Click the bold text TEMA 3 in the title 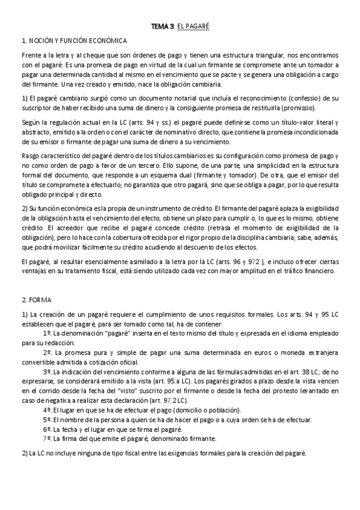click(x=162, y=27)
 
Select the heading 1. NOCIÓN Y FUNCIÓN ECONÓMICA click(x=74, y=41)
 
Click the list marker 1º click(x=47, y=332)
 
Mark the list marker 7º click(x=47, y=438)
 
